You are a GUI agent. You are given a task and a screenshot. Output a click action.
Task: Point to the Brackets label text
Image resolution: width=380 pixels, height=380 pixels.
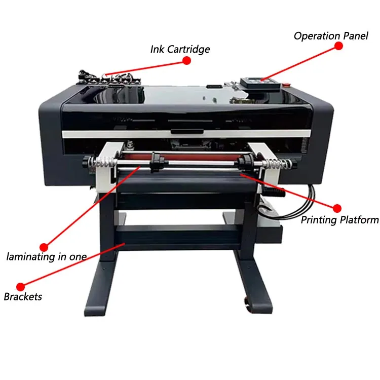point(23,296)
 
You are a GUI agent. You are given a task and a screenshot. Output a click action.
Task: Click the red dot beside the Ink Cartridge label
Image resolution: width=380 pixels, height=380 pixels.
point(186,60)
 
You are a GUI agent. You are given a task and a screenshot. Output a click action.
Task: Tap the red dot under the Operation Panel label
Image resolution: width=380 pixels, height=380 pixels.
point(338,46)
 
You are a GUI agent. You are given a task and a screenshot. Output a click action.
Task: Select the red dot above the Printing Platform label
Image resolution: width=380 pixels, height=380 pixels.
point(337,208)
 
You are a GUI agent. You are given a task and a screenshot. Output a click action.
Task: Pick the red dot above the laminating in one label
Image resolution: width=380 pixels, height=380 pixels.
point(44,244)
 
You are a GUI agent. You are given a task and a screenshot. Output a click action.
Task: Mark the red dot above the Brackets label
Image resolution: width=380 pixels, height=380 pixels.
point(21,286)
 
